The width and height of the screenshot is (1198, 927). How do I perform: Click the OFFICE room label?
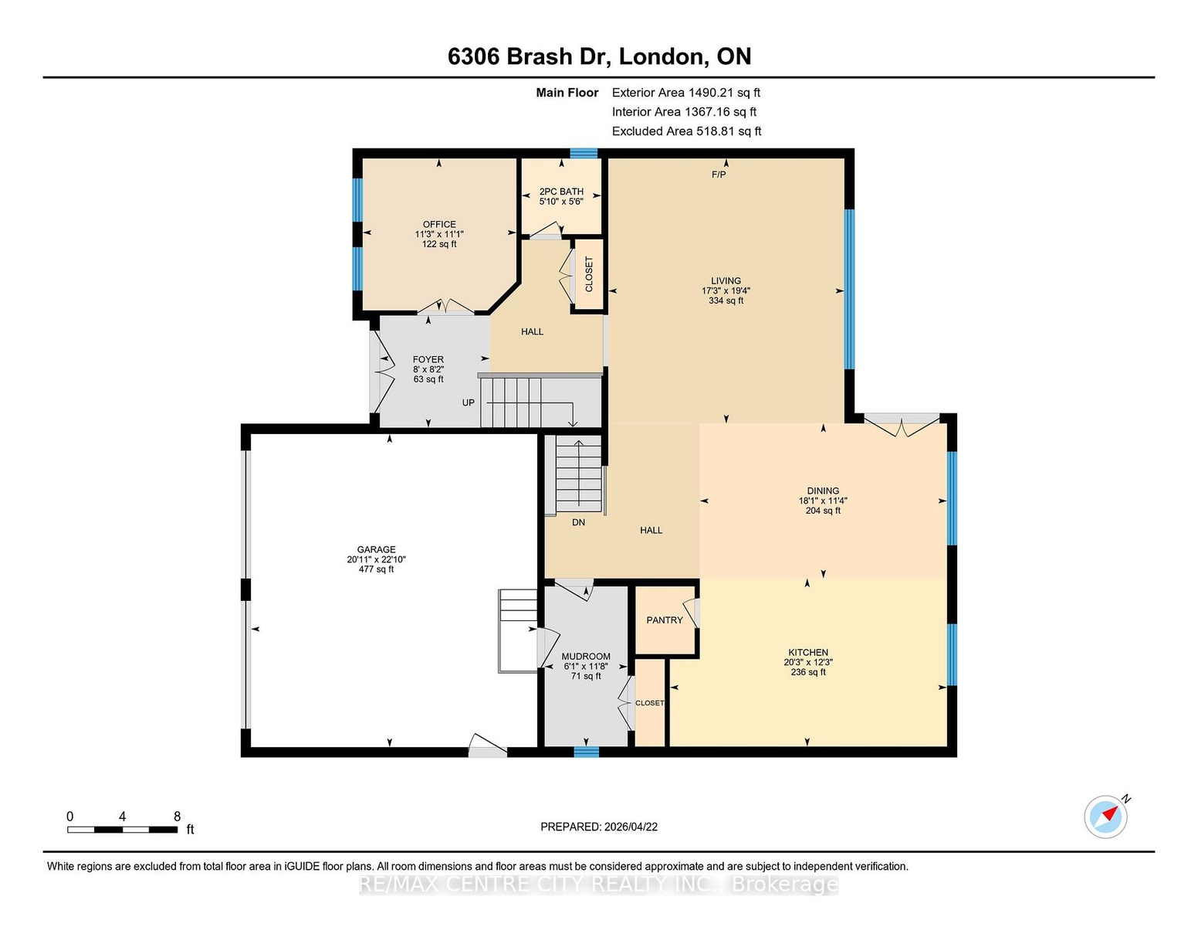439,225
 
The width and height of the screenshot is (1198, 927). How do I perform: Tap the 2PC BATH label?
561,192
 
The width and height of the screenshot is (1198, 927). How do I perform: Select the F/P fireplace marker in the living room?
719,175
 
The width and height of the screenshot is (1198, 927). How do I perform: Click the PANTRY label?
665,620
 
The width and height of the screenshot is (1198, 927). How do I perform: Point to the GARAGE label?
377,550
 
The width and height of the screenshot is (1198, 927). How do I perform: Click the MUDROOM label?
586,657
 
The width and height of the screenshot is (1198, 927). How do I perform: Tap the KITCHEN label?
808,652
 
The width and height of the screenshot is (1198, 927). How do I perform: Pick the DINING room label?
823,491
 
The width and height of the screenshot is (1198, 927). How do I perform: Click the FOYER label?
428,359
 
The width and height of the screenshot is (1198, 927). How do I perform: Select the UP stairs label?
468,402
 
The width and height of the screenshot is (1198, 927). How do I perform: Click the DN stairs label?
578,522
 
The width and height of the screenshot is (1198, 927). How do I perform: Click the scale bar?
123,830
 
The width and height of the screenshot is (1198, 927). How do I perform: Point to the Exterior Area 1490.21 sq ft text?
685,93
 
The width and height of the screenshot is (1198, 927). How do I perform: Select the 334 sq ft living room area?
726,301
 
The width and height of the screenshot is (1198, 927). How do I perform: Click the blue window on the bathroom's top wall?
584,153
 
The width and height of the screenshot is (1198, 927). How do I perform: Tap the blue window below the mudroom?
586,752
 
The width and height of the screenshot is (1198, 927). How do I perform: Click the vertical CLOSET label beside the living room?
589,274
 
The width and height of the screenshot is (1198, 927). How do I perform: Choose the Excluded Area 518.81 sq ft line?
686,131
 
